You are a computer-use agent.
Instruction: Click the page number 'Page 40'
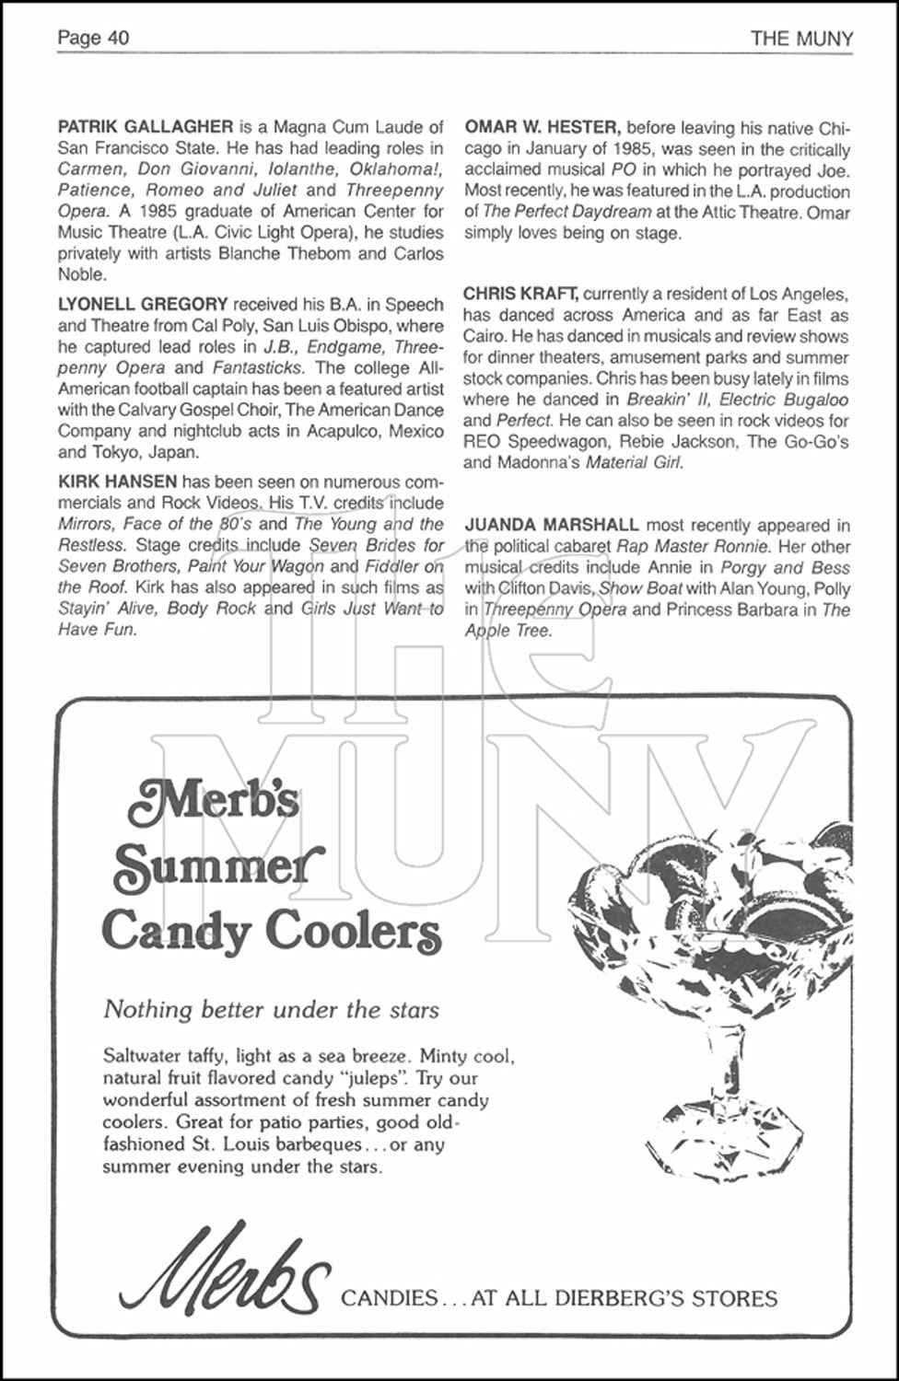93,38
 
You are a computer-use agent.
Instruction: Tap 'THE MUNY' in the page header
801,39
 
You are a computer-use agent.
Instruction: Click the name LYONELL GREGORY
143,305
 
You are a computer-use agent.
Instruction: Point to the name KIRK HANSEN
117,482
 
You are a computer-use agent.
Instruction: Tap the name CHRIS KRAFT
520,295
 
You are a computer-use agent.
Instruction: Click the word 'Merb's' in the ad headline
215,797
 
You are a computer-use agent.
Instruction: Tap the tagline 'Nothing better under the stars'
271,1009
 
